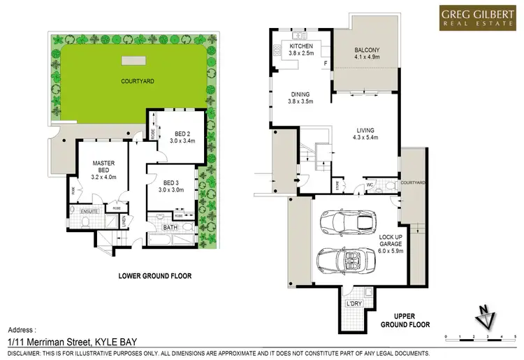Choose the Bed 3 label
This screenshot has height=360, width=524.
click(170, 187)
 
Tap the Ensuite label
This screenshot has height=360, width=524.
click(89, 211)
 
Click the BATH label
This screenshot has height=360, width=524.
click(170, 228)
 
